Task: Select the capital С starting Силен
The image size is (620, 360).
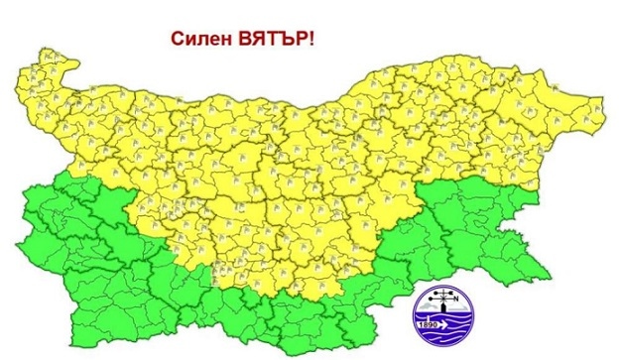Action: (178, 39)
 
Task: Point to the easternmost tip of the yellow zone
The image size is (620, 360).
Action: (600, 100)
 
